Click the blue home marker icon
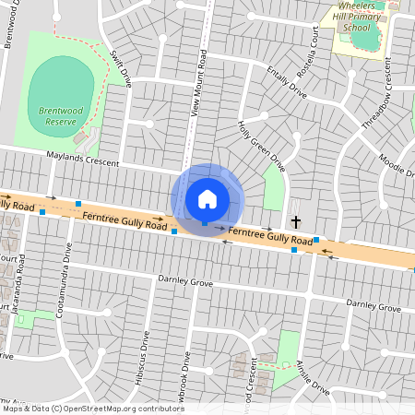pyautogui.click(x=207, y=198)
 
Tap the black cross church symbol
pyautogui.click(x=296, y=222)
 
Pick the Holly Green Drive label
pyautogui.click(x=261, y=145)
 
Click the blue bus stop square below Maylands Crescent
pyautogui.click(x=78, y=203)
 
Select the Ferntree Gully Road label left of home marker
pyautogui.click(x=124, y=220)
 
